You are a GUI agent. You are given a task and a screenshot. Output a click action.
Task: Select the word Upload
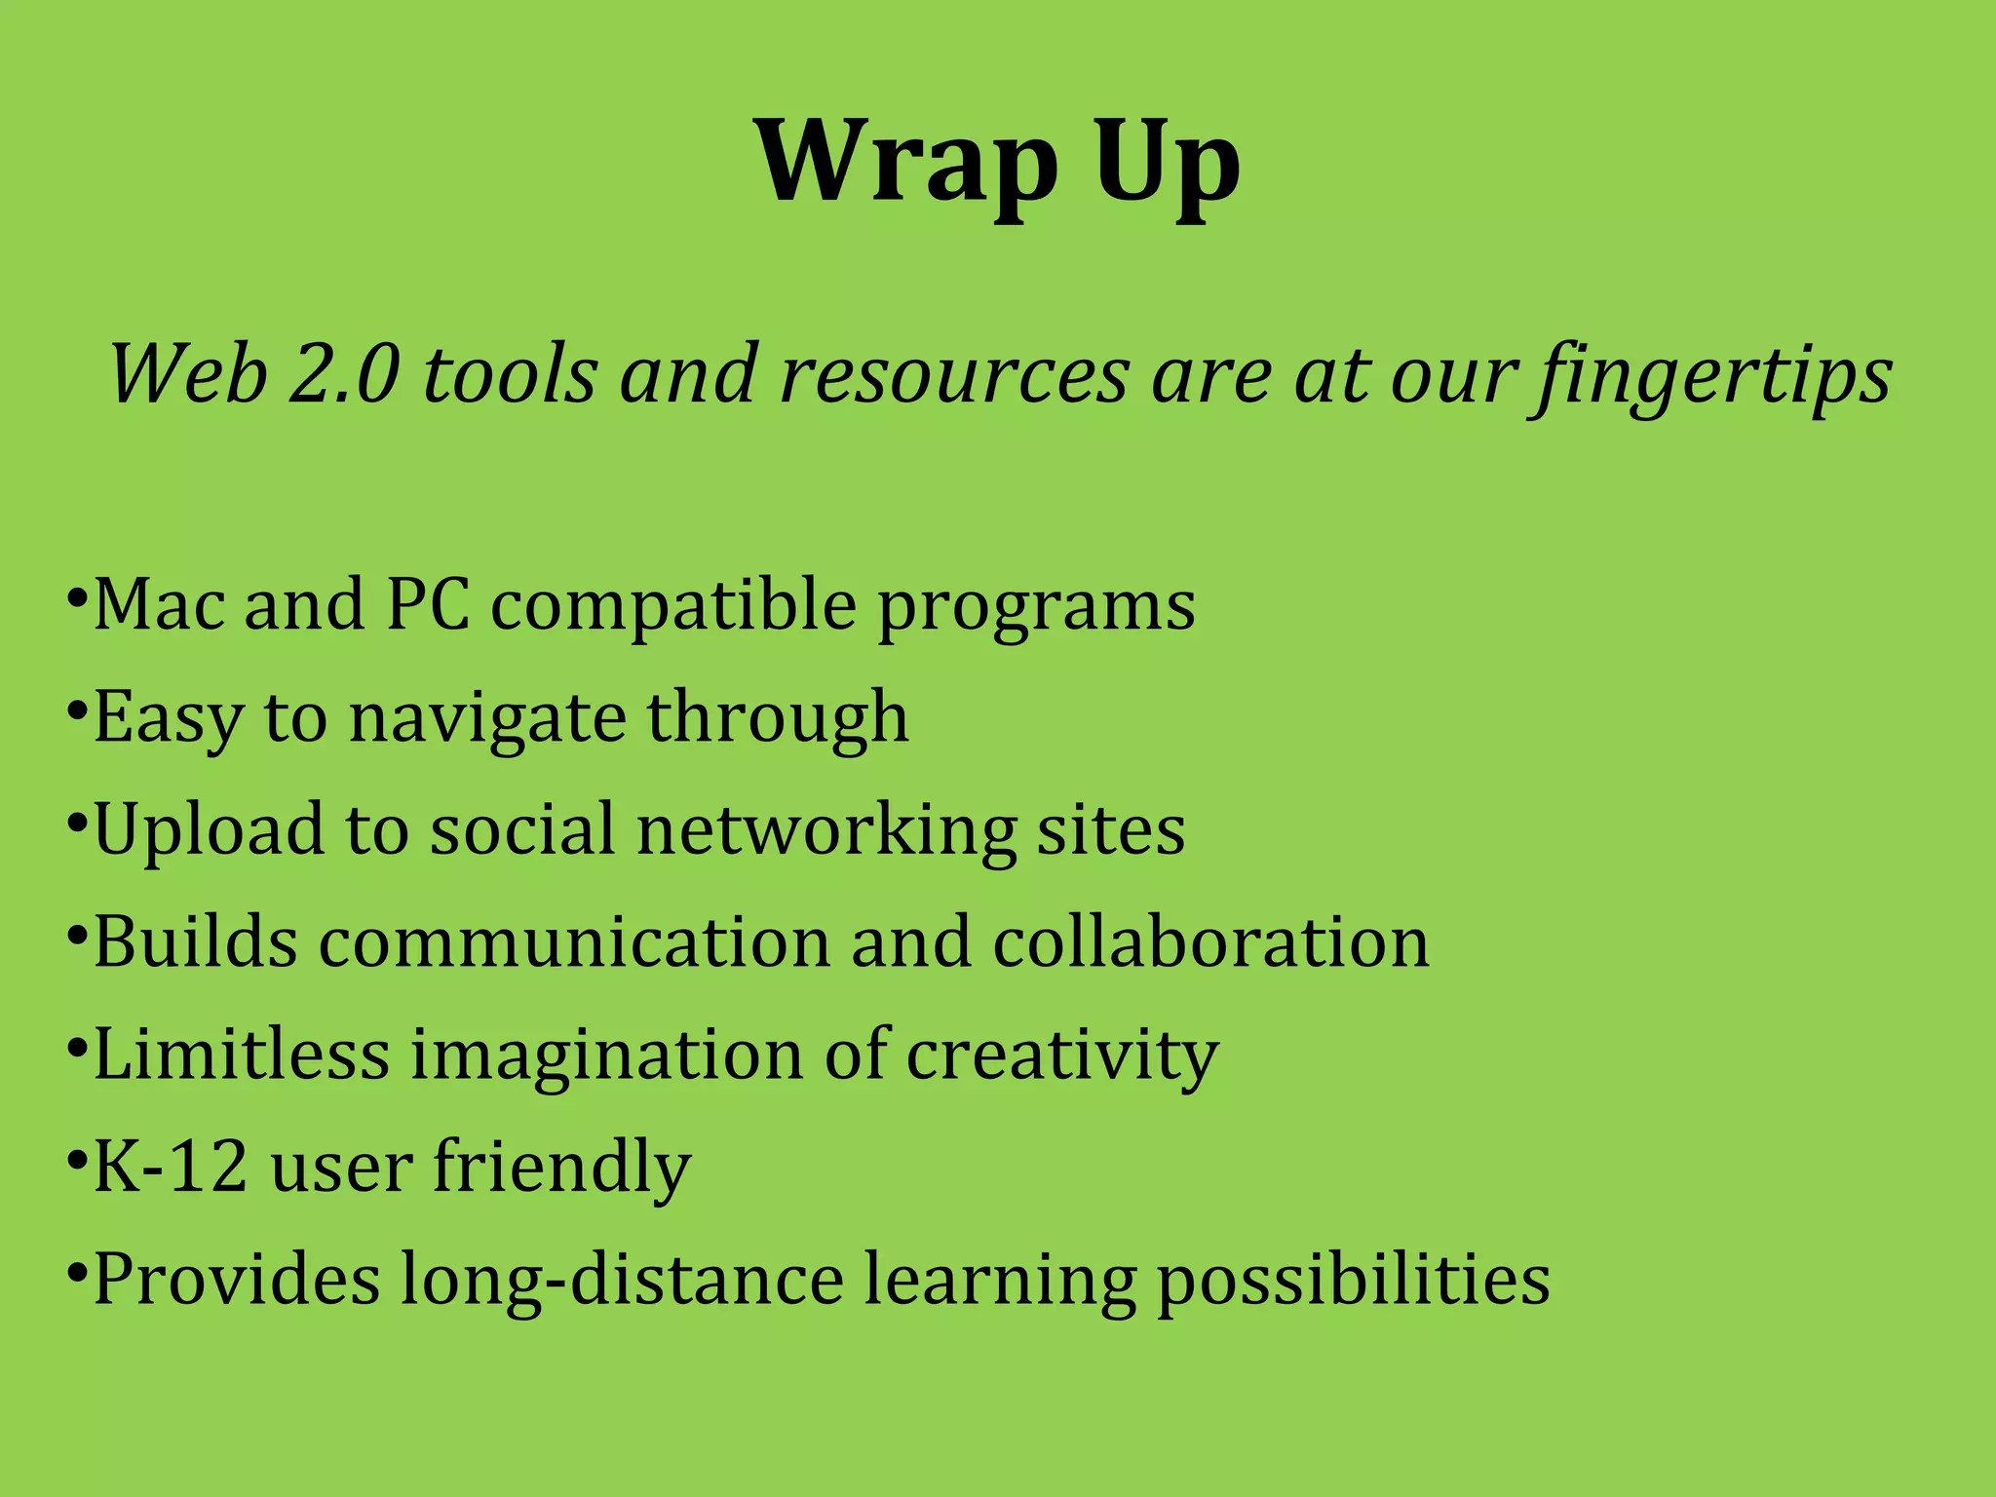tap(209, 831)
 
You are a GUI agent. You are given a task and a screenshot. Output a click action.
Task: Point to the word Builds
tap(195, 942)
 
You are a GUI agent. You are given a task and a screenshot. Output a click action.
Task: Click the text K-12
tap(170, 1167)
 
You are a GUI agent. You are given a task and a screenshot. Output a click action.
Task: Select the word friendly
tap(561, 1169)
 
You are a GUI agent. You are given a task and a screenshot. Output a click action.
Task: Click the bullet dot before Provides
tap(76, 1272)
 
